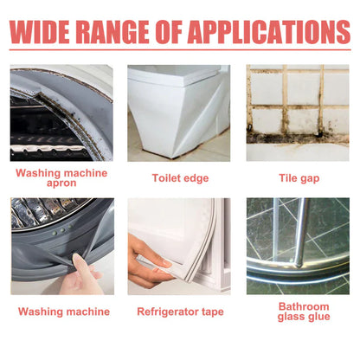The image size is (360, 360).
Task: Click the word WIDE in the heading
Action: tap(40, 32)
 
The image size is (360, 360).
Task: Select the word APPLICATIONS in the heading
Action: tap(269, 32)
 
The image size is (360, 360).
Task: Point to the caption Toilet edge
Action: tap(180, 178)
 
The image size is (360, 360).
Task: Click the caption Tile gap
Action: tap(299, 178)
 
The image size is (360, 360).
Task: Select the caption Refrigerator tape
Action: tap(180, 312)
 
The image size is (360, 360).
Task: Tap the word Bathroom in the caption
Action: tap(304, 306)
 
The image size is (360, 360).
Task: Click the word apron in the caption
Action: tap(61, 183)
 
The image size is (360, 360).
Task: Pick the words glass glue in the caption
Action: tap(304, 317)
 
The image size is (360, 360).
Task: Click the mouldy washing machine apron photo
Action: tap(61, 112)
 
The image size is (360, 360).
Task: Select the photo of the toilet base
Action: tap(179, 112)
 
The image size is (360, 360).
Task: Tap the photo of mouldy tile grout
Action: tap(298, 112)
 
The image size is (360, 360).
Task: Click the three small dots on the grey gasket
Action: tap(61, 230)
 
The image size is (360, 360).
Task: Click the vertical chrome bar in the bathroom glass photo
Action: tap(301, 231)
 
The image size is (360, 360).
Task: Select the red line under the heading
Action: tap(180, 49)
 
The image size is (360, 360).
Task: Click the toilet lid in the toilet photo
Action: tap(176, 73)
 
